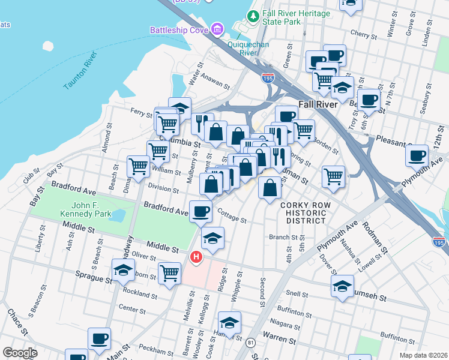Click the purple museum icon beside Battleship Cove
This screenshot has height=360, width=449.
217,29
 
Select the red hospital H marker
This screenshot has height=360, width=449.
195,257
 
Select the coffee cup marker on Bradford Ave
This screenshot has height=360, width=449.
200,211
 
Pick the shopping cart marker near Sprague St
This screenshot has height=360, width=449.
170,272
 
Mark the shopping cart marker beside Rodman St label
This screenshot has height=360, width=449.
333,176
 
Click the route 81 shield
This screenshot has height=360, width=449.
250,342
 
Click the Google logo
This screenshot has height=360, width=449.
20,353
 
